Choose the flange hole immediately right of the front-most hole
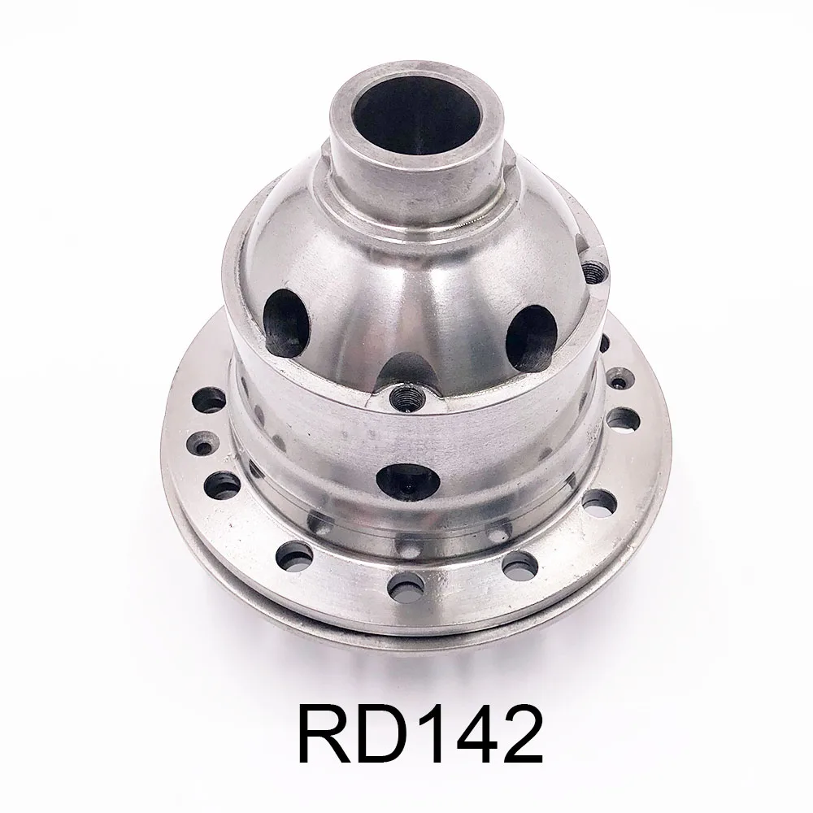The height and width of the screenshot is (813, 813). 517,563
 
